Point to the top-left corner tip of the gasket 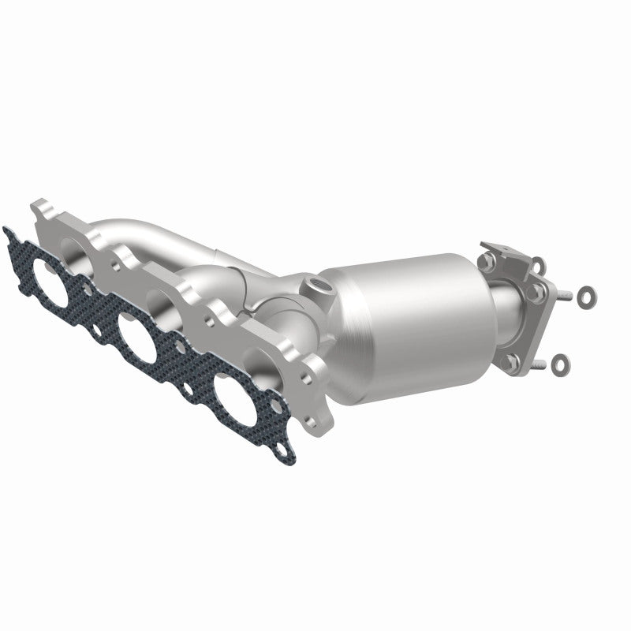[x=7, y=230]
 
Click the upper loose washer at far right [x=586, y=296]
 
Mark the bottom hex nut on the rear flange [x=513, y=362]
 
